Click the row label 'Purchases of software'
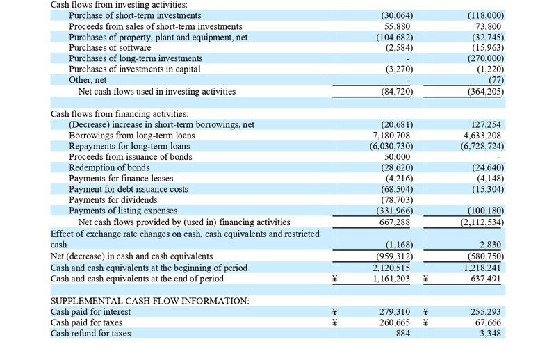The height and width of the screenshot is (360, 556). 110,47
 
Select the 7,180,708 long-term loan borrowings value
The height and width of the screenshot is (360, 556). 391,136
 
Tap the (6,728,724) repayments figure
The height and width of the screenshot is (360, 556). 482,147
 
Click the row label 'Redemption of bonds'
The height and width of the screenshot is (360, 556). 113,168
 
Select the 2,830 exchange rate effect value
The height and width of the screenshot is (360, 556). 492,245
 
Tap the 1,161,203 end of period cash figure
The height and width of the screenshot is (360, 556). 391,279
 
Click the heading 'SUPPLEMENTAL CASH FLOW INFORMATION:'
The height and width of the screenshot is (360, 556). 150,301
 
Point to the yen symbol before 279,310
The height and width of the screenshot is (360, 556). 335,312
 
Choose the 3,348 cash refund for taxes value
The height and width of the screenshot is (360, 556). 492,334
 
